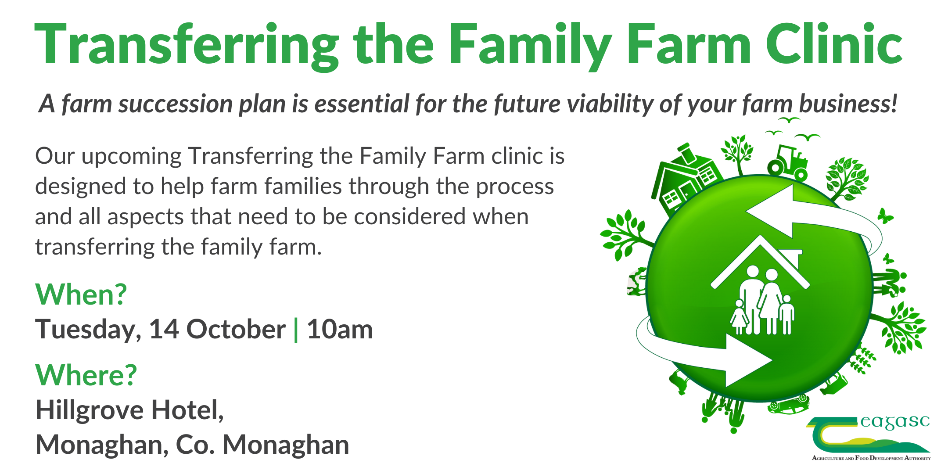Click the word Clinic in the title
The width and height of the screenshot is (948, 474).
(834, 44)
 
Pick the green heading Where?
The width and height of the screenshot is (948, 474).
(86, 375)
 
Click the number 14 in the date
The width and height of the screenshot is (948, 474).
(164, 329)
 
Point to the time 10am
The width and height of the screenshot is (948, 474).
(340, 329)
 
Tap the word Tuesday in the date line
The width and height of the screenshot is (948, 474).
(88, 330)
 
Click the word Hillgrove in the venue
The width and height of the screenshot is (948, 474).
(90, 411)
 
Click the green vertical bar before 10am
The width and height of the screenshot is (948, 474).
(296, 330)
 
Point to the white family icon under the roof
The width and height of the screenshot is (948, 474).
(762, 300)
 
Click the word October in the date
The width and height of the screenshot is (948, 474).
(236, 329)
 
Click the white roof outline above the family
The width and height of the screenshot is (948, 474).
(760, 262)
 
